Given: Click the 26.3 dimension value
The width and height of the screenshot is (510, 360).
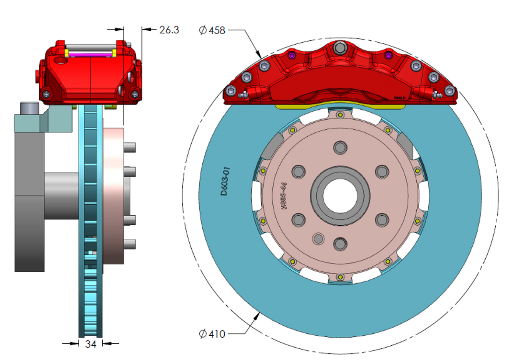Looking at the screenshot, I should pos(169,30).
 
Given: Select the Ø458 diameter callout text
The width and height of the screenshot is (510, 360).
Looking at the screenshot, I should pos(212,30).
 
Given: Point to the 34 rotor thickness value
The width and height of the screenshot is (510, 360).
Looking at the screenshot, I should pos(90,344).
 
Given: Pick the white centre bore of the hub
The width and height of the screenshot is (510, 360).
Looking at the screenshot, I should pos(340,195).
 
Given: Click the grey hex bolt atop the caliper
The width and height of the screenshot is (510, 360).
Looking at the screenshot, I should pos(339,48).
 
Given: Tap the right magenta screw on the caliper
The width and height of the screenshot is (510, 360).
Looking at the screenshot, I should pos(388,55).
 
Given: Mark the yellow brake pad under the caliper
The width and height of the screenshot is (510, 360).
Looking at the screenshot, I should pos(340,106).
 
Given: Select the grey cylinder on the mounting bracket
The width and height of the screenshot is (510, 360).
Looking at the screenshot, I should pos(30,108).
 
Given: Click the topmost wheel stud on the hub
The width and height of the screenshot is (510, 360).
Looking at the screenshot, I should pos(339,148).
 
